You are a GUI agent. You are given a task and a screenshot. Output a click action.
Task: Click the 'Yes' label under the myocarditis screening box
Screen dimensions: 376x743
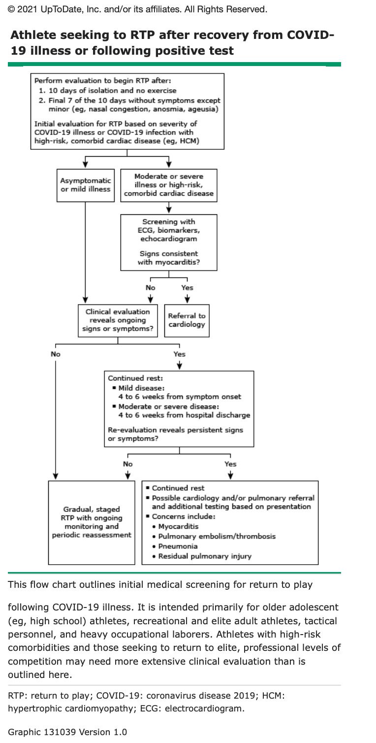pyautogui.click(x=187, y=288)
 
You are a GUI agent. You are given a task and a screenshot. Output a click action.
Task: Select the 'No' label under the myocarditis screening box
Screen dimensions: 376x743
pyautogui.click(x=151, y=288)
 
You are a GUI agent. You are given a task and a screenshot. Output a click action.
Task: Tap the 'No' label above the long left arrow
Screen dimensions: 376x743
pyautogui.click(x=55, y=354)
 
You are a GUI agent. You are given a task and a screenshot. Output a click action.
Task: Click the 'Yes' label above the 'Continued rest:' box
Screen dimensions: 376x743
pyautogui.click(x=179, y=354)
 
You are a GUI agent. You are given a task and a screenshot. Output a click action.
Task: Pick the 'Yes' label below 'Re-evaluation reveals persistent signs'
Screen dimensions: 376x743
pyautogui.click(x=230, y=464)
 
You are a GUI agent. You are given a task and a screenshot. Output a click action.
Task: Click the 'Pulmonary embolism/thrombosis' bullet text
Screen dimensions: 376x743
pyautogui.click(x=217, y=537)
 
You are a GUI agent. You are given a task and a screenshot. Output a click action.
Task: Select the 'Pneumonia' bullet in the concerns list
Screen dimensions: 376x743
pyautogui.click(x=178, y=546)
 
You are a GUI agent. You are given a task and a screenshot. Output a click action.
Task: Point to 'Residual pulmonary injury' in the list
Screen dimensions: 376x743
pyautogui.click(x=205, y=556)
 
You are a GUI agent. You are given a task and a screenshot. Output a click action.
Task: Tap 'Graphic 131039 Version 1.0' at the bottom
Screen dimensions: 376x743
pyautogui.click(x=67, y=732)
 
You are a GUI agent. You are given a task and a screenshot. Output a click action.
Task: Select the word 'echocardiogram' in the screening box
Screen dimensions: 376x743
pyautogui.click(x=169, y=239)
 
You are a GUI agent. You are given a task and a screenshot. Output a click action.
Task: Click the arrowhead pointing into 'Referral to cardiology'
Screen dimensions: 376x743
pyautogui.click(x=187, y=300)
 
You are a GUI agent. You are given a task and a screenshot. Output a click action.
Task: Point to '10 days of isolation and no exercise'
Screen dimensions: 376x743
pyautogui.click(x=112, y=91)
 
